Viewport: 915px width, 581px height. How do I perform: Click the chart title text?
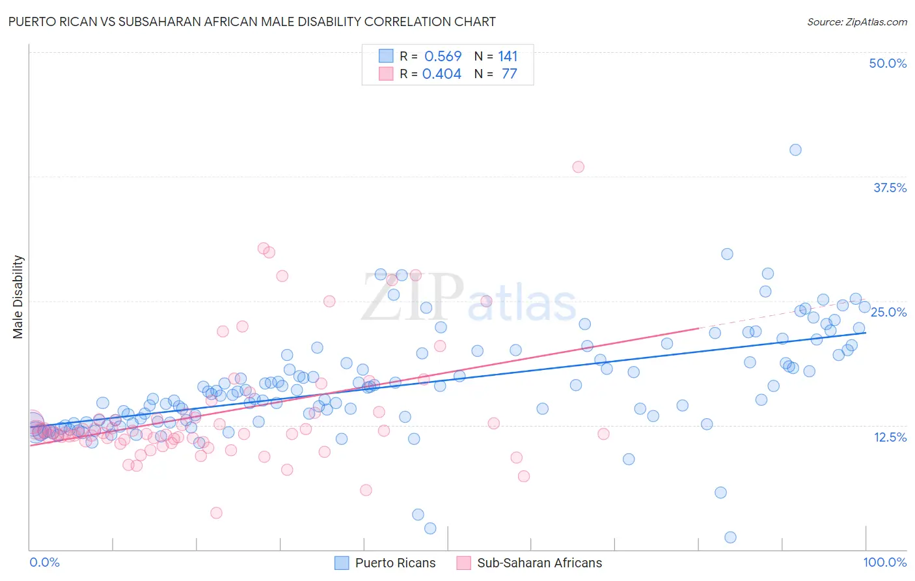pyautogui.click(x=251, y=21)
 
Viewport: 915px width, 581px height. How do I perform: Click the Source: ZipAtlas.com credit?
pyautogui.click(x=856, y=21)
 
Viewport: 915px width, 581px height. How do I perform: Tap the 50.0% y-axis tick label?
pyautogui.click(x=888, y=63)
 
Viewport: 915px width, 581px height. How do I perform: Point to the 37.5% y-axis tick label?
pyautogui.click(x=890, y=188)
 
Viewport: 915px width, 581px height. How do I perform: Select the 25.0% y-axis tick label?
pyautogui.click(x=888, y=312)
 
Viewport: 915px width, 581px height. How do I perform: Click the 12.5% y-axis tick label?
pyautogui.click(x=890, y=437)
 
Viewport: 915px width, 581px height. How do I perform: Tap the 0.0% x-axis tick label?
pyautogui.click(x=44, y=562)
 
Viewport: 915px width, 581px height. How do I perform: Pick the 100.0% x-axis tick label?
pyautogui.click(x=884, y=562)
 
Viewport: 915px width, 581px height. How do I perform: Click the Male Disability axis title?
pyautogui.click(x=18, y=296)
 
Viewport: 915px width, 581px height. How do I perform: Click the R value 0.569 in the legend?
pyautogui.click(x=443, y=56)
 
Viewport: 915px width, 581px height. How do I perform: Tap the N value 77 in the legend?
pyautogui.click(x=509, y=74)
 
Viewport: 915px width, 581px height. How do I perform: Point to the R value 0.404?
pyautogui.click(x=442, y=74)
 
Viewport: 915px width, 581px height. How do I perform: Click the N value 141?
pyautogui.click(x=508, y=56)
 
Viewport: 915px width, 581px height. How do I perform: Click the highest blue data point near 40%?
pyautogui.click(x=795, y=150)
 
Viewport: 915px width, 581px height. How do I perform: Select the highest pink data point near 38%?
pyautogui.click(x=578, y=167)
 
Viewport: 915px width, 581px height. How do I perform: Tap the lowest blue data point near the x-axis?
pyautogui.click(x=730, y=537)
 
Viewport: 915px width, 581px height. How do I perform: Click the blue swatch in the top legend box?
pyautogui.click(x=387, y=56)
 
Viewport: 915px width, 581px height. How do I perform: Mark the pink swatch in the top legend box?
pyautogui.click(x=387, y=74)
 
